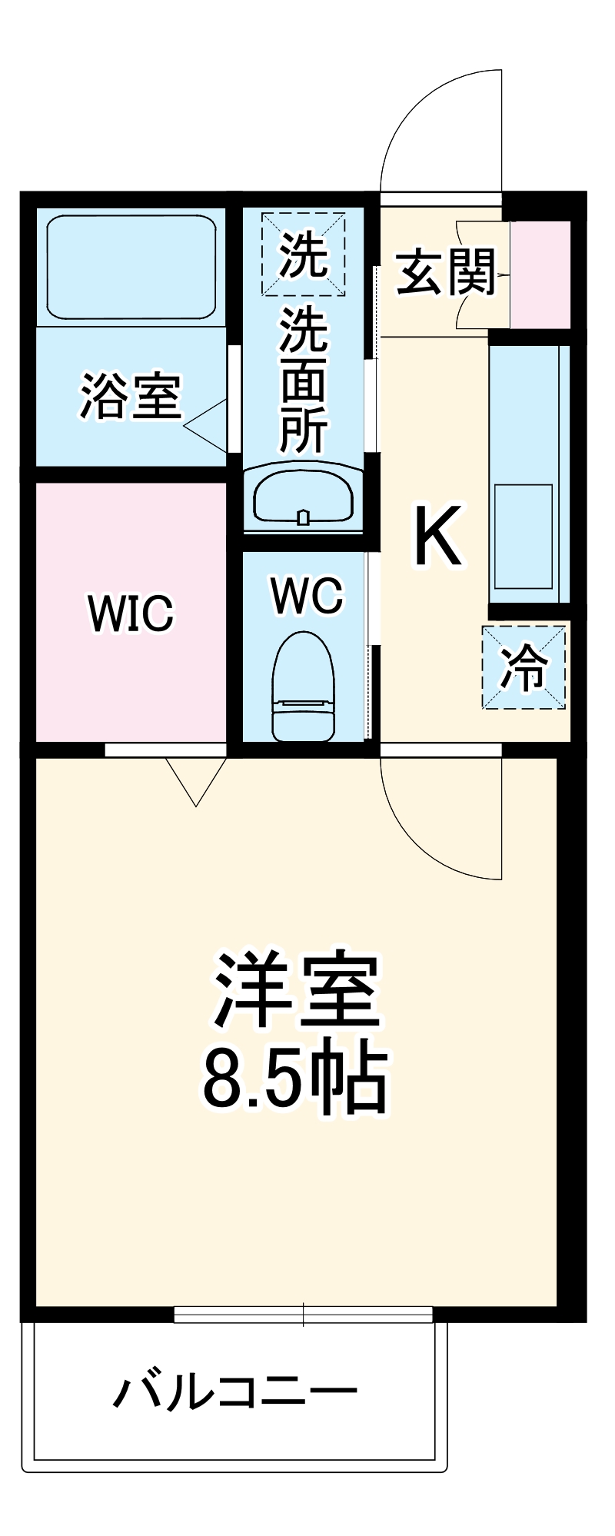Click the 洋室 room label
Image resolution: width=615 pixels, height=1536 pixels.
296,991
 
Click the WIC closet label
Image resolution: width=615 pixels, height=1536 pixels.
131,613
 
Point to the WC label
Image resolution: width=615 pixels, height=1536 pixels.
307,595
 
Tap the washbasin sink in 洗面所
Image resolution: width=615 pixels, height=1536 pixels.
303,496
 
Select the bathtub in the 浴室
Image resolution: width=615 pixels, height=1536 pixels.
131,266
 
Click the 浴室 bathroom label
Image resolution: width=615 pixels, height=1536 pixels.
131,396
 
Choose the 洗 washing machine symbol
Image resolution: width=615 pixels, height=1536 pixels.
303,255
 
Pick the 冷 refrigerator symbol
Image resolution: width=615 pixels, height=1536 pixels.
524,667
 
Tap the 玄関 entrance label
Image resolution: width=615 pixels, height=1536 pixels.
446,273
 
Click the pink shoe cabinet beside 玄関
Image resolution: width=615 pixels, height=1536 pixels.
540,274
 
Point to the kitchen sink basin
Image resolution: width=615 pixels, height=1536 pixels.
524,537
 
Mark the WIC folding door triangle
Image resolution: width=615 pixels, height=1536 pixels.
196,780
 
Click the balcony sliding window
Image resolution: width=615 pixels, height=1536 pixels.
304,1315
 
